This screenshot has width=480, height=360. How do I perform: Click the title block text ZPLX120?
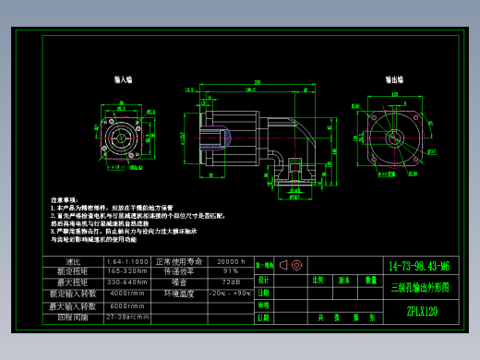pyautogui.click(x=421, y=312)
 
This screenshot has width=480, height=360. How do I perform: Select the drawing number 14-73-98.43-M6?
pyautogui.click(x=421, y=266)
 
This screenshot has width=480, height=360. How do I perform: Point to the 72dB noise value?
pyautogui.click(x=230, y=282)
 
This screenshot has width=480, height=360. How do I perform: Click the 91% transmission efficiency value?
pyautogui.click(x=230, y=271)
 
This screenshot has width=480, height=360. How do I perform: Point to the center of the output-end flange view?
pyautogui.click(x=396, y=135)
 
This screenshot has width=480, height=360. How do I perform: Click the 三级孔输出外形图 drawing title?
pyautogui.click(x=421, y=287)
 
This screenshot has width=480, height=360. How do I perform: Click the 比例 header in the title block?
pyautogui.click(x=318, y=278)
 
